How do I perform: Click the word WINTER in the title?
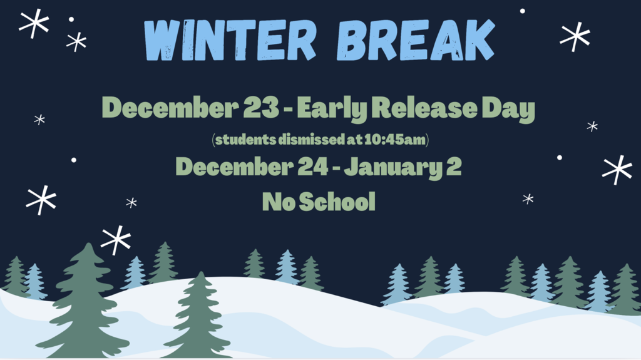[x=230, y=41]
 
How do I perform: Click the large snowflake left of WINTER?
[x=34, y=24]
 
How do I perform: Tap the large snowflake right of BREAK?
[x=575, y=36]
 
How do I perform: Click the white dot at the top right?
[x=522, y=11]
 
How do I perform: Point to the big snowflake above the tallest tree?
[x=116, y=240]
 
